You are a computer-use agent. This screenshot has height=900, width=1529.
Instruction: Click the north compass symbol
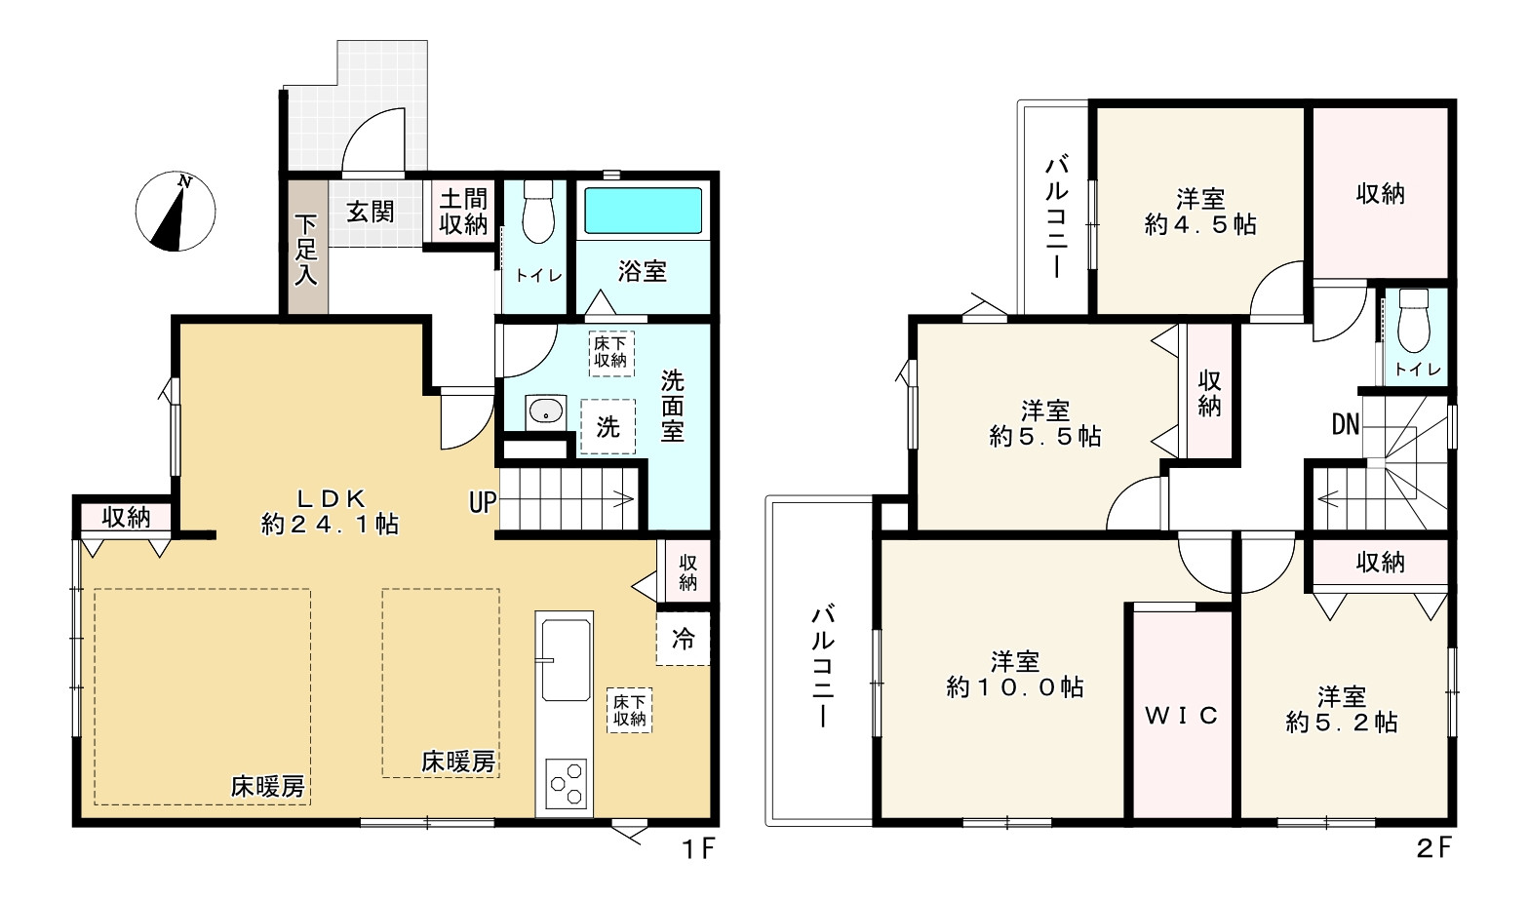point(176,211)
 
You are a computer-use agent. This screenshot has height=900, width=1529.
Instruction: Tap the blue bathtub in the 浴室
point(643,211)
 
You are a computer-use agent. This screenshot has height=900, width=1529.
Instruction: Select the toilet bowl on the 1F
point(538,212)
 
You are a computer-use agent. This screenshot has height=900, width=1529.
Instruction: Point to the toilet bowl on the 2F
point(1413,322)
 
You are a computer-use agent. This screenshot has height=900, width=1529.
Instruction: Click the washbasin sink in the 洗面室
point(545,411)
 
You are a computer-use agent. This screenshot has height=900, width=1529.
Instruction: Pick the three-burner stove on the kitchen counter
point(566,784)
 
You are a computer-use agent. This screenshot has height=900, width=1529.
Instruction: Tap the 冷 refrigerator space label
point(684,640)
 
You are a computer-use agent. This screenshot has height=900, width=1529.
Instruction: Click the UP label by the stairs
point(483,503)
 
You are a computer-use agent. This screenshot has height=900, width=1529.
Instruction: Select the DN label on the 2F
point(1346,424)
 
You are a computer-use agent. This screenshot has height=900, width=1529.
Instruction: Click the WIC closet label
point(1182,715)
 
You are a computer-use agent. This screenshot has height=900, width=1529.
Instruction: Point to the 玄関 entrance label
point(371,212)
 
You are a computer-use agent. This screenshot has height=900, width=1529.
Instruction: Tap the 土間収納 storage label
point(463,213)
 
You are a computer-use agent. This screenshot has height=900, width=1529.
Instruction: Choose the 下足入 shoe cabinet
point(307,247)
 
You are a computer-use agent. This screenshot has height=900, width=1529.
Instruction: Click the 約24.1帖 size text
point(331,524)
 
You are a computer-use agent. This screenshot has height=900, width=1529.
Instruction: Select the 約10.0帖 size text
point(1015,687)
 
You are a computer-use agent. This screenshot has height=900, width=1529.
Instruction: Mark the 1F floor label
point(698,849)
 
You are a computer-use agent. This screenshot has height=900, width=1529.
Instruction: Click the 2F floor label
point(1433,848)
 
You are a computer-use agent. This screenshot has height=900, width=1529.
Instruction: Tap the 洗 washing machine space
point(608,427)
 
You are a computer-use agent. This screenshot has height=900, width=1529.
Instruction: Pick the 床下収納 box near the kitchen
point(629,710)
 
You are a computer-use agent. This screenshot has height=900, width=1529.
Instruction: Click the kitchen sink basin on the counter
point(566,660)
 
